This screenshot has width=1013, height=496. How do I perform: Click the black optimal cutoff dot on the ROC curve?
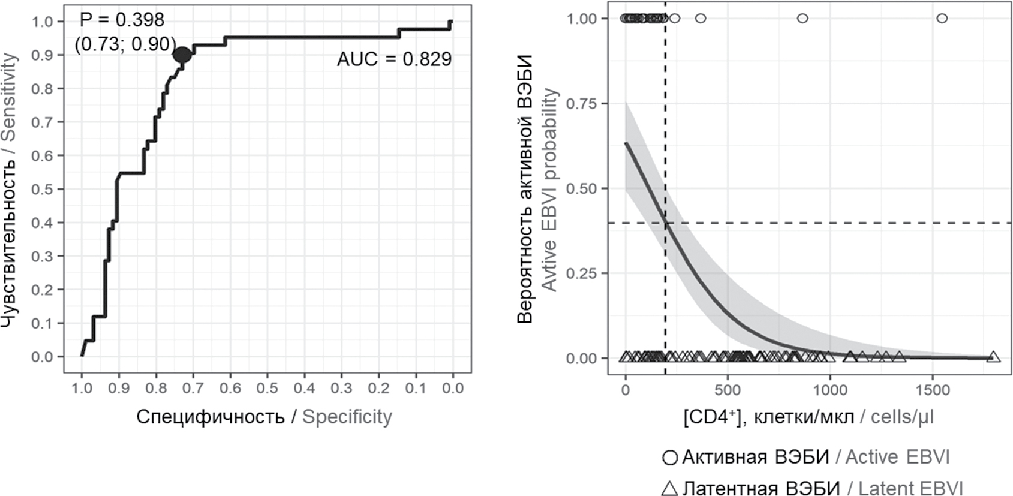pyautogui.click(x=182, y=55)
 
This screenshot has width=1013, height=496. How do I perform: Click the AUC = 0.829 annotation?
pyautogui.click(x=394, y=59)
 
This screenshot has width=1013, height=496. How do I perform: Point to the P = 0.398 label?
pyautogui.click(x=122, y=20)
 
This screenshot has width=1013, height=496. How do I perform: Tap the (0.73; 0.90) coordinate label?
pyautogui.click(x=125, y=44)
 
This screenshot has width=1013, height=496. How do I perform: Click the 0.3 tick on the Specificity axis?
pyautogui.click(x=341, y=388)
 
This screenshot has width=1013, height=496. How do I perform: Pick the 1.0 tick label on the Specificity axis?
pyautogui.click(x=82, y=388)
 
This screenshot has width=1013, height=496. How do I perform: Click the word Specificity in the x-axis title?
pyautogui.click(x=347, y=417)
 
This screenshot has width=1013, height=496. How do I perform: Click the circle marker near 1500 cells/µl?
pyautogui.click(x=942, y=19)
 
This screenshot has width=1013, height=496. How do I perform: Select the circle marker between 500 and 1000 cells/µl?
pyautogui.click(x=802, y=19)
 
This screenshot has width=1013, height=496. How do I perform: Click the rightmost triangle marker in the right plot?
pyautogui.click(x=994, y=357)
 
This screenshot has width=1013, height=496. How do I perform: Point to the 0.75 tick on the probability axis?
pyautogui.click(x=582, y=104)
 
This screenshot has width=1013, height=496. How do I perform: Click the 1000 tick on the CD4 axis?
pyautogui.click(x=830, y=390)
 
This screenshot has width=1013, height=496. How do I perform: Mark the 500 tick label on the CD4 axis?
pyautogui.click(x=728, y=390)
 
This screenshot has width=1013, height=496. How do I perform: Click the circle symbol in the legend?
pyautogui.click(x=669, y=458)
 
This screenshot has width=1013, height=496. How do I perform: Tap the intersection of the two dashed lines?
pyautogui.click(x=665, y=223)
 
